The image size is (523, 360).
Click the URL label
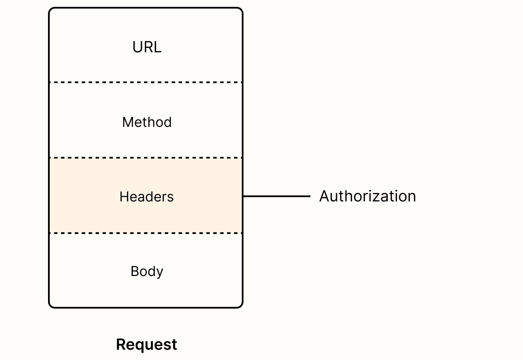tap(147, 47)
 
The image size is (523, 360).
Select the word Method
tap(147, 122)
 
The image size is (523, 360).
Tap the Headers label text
tap(147, 197)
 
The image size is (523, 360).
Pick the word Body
tap(147, 271)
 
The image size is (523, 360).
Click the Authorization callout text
tap(367, 196)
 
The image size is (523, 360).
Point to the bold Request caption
tap(147, 345)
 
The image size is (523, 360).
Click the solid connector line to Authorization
tap(277, 196)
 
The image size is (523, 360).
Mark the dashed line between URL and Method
tap(146, 82)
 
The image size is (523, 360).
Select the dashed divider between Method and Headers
tap(146, 158)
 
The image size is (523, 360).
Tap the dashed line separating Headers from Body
tap(146, 233)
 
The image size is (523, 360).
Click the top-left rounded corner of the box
tap(51, 10)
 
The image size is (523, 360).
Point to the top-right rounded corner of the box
tap(240, 10)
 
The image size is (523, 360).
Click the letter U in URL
tap(137, 47)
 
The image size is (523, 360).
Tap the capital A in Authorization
tap(325, 196)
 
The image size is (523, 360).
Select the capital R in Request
tap(121, 345)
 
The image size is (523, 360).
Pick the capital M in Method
tap(127, 122)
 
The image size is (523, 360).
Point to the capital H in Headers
tap(124, 197)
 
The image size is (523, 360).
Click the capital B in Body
tap(135, 271)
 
